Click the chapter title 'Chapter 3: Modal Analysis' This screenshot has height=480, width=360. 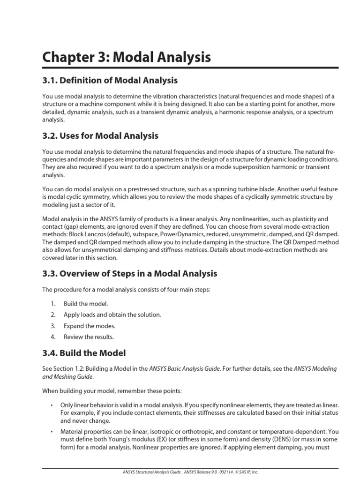[x=127, y=58]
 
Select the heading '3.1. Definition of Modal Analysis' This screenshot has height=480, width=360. [x=110, y=81]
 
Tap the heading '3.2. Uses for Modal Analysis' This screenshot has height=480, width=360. [x=100, y=136]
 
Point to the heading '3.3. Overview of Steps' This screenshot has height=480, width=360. [x=130, y=273]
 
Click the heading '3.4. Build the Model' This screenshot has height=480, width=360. [x=84, y=353]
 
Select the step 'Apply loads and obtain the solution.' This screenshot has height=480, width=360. [x=112, y=315]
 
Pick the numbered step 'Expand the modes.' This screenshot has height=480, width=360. [x=89, y=326]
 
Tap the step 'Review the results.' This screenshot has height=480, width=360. [x=89, y=337]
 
